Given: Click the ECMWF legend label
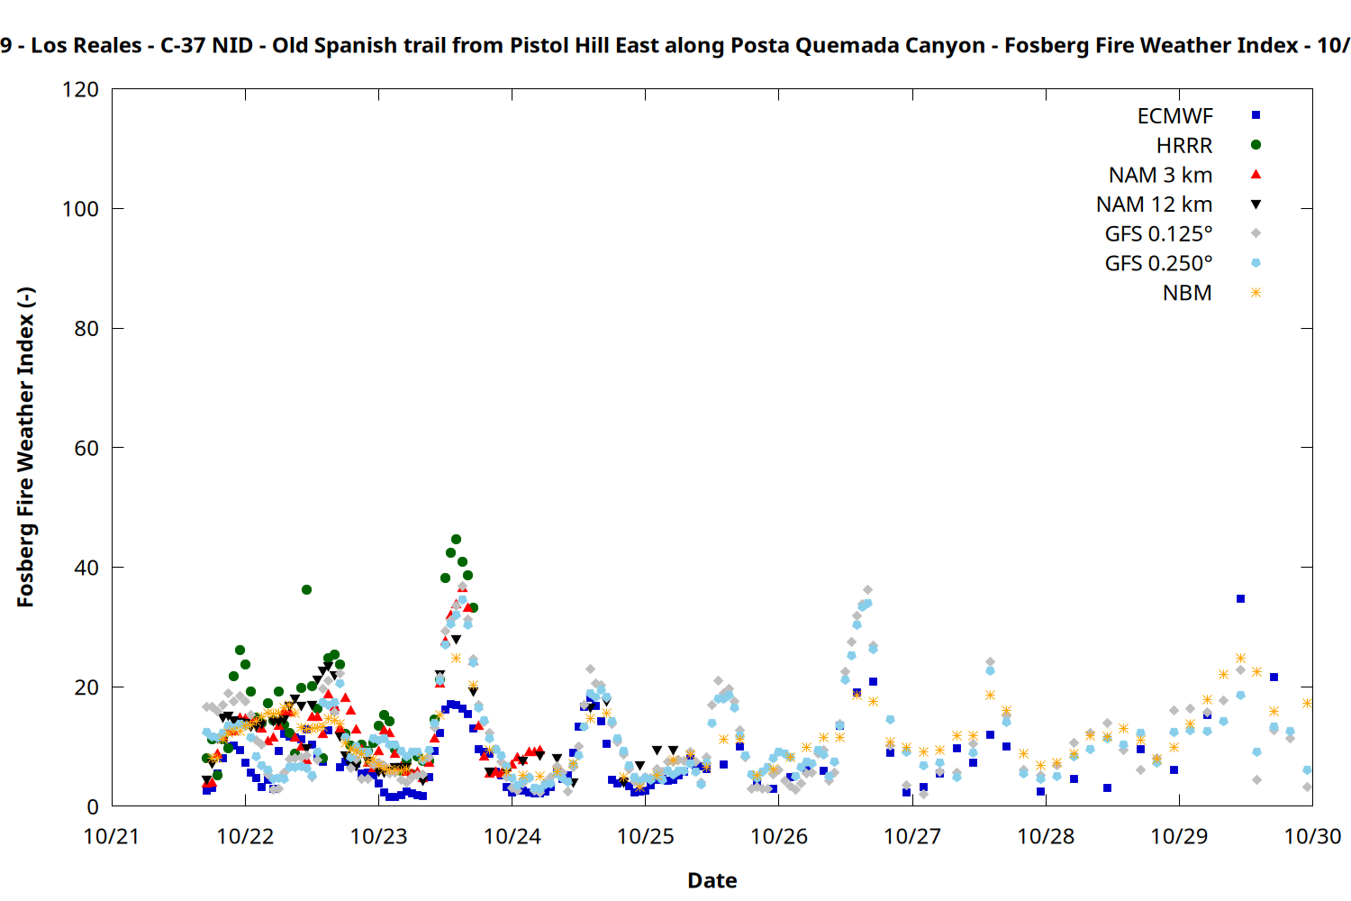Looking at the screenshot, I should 1174,116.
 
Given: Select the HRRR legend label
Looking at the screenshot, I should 1183,146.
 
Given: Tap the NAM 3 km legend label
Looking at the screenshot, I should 1160,175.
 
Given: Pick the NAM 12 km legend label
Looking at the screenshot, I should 1154,205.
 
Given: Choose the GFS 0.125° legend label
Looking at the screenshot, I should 1158,234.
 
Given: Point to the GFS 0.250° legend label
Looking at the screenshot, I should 1158,264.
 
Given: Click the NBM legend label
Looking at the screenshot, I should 1187,294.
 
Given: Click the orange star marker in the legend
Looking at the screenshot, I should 1256,293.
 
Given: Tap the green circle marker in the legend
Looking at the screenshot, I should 1256,145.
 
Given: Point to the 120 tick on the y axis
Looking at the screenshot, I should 81,90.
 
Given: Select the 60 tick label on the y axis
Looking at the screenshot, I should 86,448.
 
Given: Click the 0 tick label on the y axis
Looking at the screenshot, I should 92,806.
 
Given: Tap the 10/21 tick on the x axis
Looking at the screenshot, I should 112,836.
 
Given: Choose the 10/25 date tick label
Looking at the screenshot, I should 645,836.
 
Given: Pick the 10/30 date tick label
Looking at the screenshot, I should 1312,836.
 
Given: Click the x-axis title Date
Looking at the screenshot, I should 712,880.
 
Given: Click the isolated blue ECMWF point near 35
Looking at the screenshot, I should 1240,598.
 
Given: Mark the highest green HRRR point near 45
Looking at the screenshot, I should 456,540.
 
